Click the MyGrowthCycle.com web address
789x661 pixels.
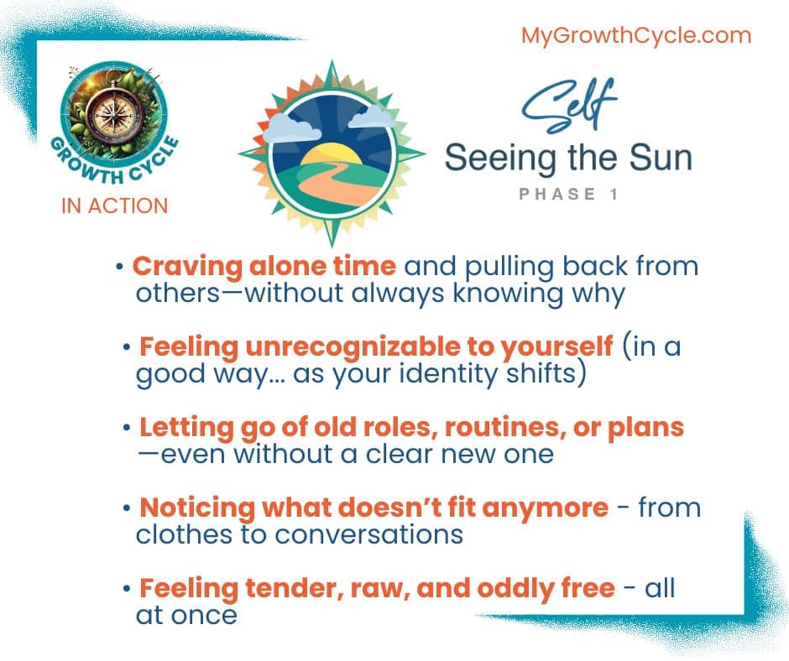tap(636, 36)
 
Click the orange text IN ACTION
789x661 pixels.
tap(115, 206)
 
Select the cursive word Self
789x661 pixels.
tap(569, 106)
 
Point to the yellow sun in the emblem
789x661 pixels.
tap(331, 154)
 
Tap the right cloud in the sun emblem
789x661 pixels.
tap(371, 117)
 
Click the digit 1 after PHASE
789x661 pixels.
tap(614, 194)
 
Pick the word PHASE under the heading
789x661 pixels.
tap(557, 194)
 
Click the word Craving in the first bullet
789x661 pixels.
tap(187, 267)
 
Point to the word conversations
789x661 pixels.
tap(368, 534)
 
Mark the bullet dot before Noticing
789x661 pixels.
tap(127, 508)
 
